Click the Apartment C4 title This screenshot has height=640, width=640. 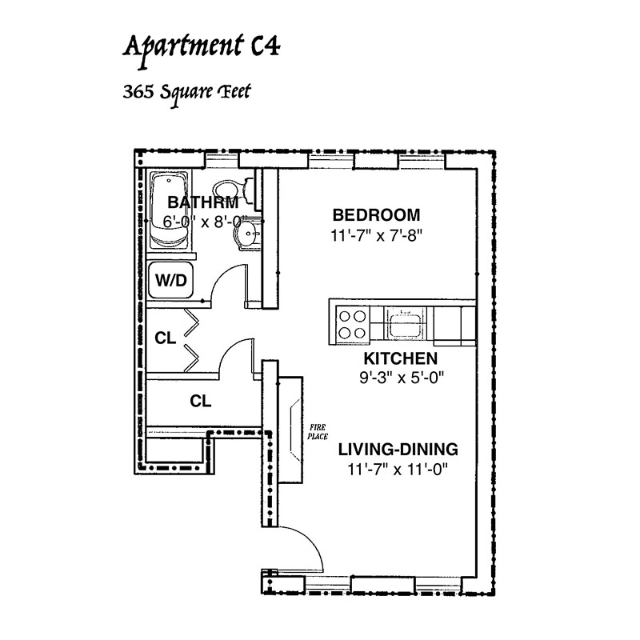tap(202, 48)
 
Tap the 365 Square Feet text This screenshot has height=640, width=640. tap(186, 94)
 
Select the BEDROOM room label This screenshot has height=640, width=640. tap(376, 215)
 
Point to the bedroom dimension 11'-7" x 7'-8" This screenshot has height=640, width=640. tap(376, 235)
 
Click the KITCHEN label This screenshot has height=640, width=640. tap(401, 358)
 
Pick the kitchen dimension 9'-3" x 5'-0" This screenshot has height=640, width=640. tap(402, 378)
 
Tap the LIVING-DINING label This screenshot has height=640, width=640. tap(398, 450)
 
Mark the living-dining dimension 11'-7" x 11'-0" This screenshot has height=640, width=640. tap(398, 470)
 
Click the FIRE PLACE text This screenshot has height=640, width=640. tap(318, 432)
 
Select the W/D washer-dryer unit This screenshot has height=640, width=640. tap(171, 281)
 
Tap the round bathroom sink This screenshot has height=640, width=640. tap(248, 234)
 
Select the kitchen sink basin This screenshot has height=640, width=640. tap(403, 325)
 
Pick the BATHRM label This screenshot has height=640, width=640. tap(203, 202)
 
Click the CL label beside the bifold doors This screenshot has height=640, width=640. tap(166, 338)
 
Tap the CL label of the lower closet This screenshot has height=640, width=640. tap(201, 402)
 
